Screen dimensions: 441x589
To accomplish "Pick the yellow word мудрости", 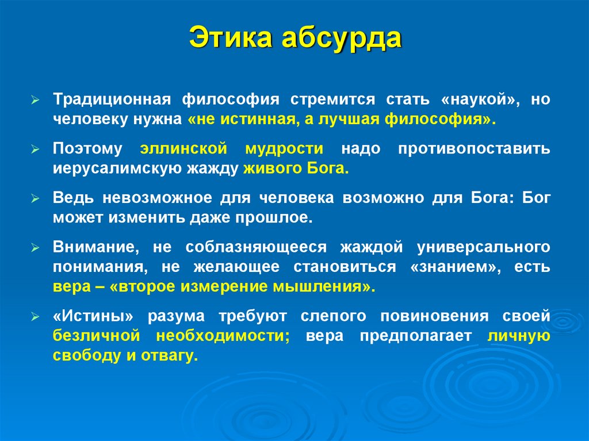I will tap(284, 149).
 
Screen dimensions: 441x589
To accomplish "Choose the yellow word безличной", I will tap(96, 336).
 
